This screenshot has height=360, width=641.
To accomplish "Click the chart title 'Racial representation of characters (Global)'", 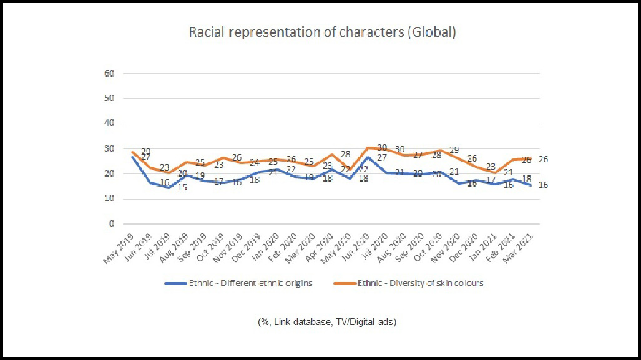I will tap(323, 32).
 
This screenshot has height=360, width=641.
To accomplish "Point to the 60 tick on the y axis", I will tap(110, 74).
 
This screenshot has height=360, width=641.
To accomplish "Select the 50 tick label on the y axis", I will tap(110, 99).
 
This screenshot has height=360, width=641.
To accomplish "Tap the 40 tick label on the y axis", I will tap(110, 124).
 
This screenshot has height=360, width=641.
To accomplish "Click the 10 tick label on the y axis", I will tap(110, 199).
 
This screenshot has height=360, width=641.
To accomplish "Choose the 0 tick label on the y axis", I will tap(112, 224).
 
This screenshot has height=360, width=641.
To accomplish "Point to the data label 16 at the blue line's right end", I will tap(544, 185).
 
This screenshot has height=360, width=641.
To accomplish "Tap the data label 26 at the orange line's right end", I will tap(544, 160).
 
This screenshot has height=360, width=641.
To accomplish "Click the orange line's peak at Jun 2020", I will tap(369, 147).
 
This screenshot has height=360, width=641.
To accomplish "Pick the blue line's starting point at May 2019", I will tap(132, 157).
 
